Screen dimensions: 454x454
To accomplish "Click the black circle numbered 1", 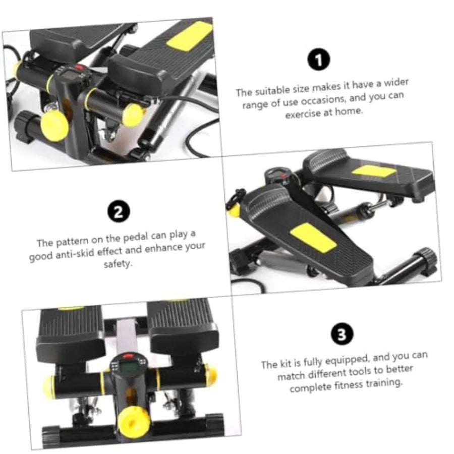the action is click(x=318, y=60).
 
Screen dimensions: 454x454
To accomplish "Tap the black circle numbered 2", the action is click(x=119, y=212).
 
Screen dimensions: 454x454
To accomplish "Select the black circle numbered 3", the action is click(x=342, y=334).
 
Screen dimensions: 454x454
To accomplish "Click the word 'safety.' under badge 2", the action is click(x=118, y=264).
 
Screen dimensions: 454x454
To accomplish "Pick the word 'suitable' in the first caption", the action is click(x=272, y=90).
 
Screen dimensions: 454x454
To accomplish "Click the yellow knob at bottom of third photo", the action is click(x=134, y=421).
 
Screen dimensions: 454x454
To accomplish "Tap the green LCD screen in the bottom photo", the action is click(x=129, y=368).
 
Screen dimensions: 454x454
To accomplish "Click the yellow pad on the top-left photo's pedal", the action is click(x=190, y=36).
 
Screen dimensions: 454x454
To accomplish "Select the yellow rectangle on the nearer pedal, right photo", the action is click(x=313, y=238).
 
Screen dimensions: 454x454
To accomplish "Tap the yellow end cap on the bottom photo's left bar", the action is click(x=49, y=386).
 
